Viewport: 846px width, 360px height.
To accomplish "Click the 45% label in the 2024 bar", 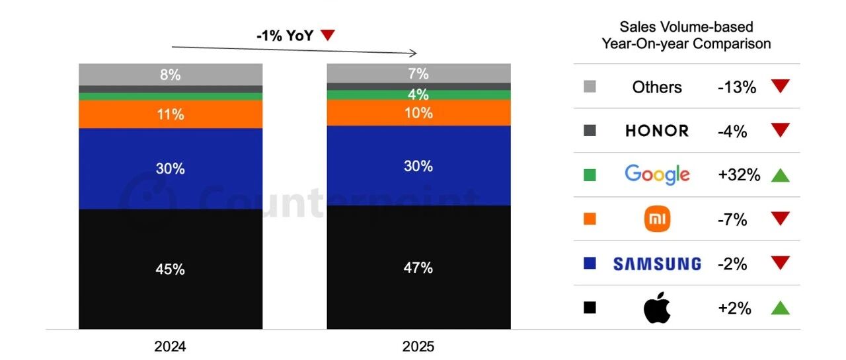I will click(x=170, y=270).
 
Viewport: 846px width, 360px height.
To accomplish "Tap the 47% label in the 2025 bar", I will click(x=418, y=268).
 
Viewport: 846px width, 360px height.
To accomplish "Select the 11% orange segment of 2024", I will click(x=170, y=114).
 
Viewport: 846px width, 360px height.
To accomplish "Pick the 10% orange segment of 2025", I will click(x=418, y=113).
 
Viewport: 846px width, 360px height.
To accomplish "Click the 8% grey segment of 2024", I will click(x=170, y=75).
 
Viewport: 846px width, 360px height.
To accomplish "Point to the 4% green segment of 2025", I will click(x=418, y=94).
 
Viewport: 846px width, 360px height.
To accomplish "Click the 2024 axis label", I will click(x=170, y=347).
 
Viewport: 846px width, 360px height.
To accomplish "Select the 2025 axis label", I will click(x=418, y=347).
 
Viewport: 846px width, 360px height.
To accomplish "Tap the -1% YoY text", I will click(x=285, y=36).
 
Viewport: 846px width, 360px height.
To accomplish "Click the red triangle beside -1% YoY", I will click(x=328, y=36).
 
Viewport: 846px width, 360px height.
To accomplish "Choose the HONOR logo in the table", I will click(x=657, y=131).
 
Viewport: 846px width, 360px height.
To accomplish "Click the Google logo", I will click(x=657, y=174).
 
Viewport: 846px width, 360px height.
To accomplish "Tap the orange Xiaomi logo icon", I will click(x=657, y=219).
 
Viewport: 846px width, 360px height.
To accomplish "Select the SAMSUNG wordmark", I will click(x=657, y=264).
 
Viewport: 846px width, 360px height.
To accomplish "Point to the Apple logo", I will click(x=657, y=308).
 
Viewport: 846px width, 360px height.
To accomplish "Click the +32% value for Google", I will click(x=738, y=175).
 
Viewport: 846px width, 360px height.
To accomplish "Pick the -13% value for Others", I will click(x=736, y=87).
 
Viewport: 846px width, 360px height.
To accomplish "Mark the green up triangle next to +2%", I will click(x=781, y=308).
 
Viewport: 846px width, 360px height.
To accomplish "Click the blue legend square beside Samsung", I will click(x=590, y=264).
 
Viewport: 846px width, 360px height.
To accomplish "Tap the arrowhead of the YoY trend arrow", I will click(x=414, y=53).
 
